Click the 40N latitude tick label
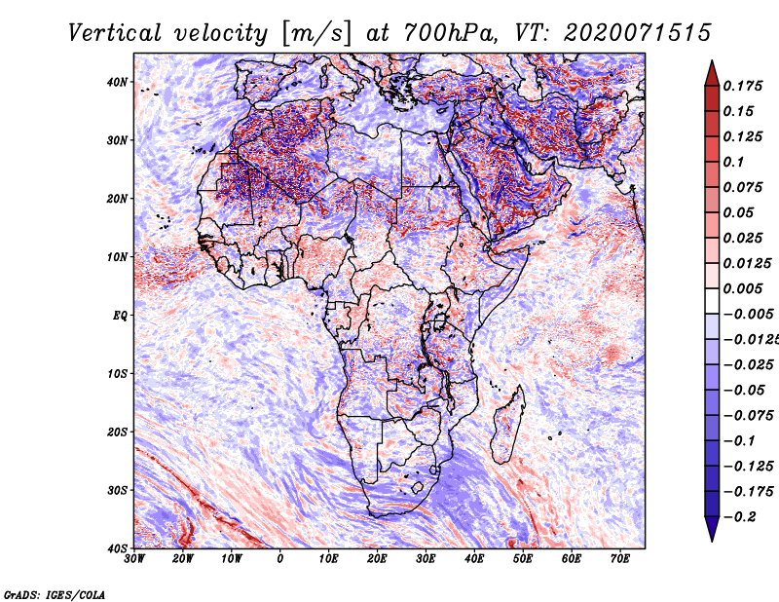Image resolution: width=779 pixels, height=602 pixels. pos(117,82)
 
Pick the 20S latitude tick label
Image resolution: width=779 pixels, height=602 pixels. pos(117,432)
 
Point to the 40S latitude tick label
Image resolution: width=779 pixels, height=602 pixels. pos(117,547)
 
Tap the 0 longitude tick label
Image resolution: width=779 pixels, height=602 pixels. pos(280,560)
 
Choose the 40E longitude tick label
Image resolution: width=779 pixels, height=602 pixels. pos(474,560)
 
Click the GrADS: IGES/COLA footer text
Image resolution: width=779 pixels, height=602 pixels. pos(55,593)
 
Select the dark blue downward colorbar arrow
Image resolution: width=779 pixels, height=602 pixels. pos(712,528)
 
